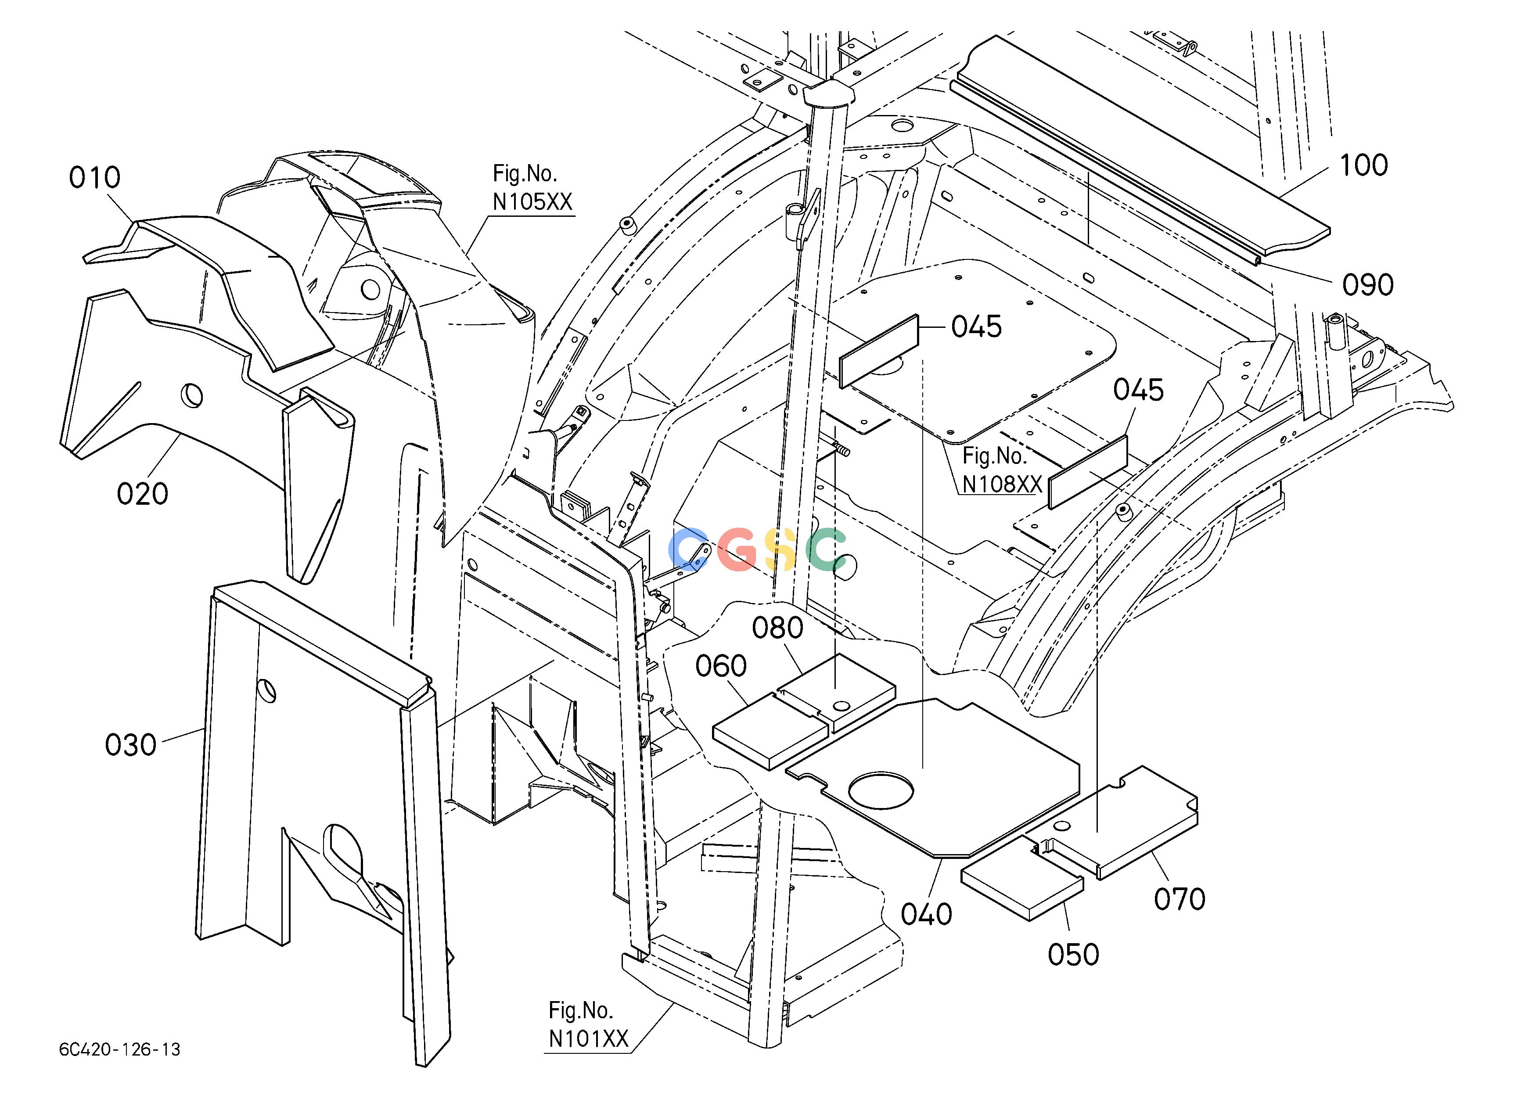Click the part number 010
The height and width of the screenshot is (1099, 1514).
coord(95,178)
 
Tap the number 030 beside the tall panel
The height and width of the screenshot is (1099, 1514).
coord(131,745)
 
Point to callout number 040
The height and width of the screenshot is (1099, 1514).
coord(927,914)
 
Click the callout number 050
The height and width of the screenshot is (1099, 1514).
coord(1073,955)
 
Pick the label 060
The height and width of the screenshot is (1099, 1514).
coord(721,666)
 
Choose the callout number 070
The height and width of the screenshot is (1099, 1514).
coord(1180,899)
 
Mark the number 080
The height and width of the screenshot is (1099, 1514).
coord(778,628)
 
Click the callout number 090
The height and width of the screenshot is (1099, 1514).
coord(1368,285)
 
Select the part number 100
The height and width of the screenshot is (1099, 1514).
coord(1364,165)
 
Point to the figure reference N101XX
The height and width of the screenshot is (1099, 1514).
coord(589,1039)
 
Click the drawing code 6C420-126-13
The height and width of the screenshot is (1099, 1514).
coord(119,1049)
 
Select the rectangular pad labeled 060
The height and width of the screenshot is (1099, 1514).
coord(770,730)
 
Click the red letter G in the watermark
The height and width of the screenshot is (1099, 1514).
coord(737,549)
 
